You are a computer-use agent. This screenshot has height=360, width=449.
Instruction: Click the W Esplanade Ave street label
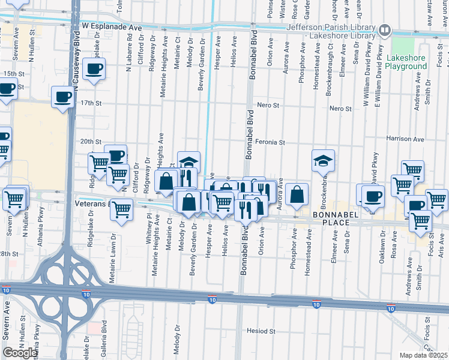pos(112,28)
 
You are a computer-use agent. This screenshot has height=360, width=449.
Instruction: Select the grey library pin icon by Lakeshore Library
pos(385,29)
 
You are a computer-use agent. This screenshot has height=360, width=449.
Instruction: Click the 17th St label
pos(91,103)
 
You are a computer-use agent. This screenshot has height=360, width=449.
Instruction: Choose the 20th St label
pos(91,142)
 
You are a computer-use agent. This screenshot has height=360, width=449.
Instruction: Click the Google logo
pos(21,353)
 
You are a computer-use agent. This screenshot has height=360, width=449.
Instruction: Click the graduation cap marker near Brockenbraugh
pos(323,160)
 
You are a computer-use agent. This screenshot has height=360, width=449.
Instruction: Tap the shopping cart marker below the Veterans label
pos(122,210)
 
